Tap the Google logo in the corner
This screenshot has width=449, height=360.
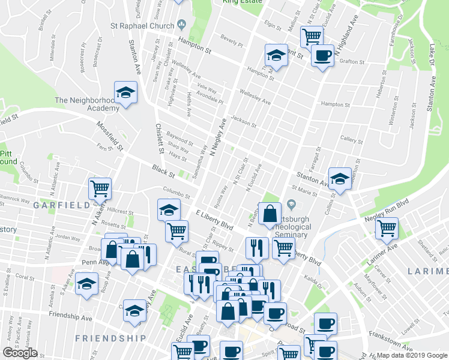(x=20, y=352)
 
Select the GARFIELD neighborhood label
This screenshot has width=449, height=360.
(x=57, y=205)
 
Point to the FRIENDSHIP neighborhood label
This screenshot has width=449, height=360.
(x=111, y=338)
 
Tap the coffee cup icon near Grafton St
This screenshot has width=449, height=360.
(x=322, y=56)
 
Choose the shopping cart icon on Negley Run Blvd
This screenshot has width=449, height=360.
(x=387, y=227)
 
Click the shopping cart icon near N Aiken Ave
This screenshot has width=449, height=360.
(x=100, y=188)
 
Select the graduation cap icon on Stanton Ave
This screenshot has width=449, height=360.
(x=340, y=179)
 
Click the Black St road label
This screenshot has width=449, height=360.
(x=163, y=171)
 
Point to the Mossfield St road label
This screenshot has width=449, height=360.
(x=110, y=136)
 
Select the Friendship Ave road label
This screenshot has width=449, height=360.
(x=69, y=314)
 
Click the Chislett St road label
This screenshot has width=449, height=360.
(x=160, y=136)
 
